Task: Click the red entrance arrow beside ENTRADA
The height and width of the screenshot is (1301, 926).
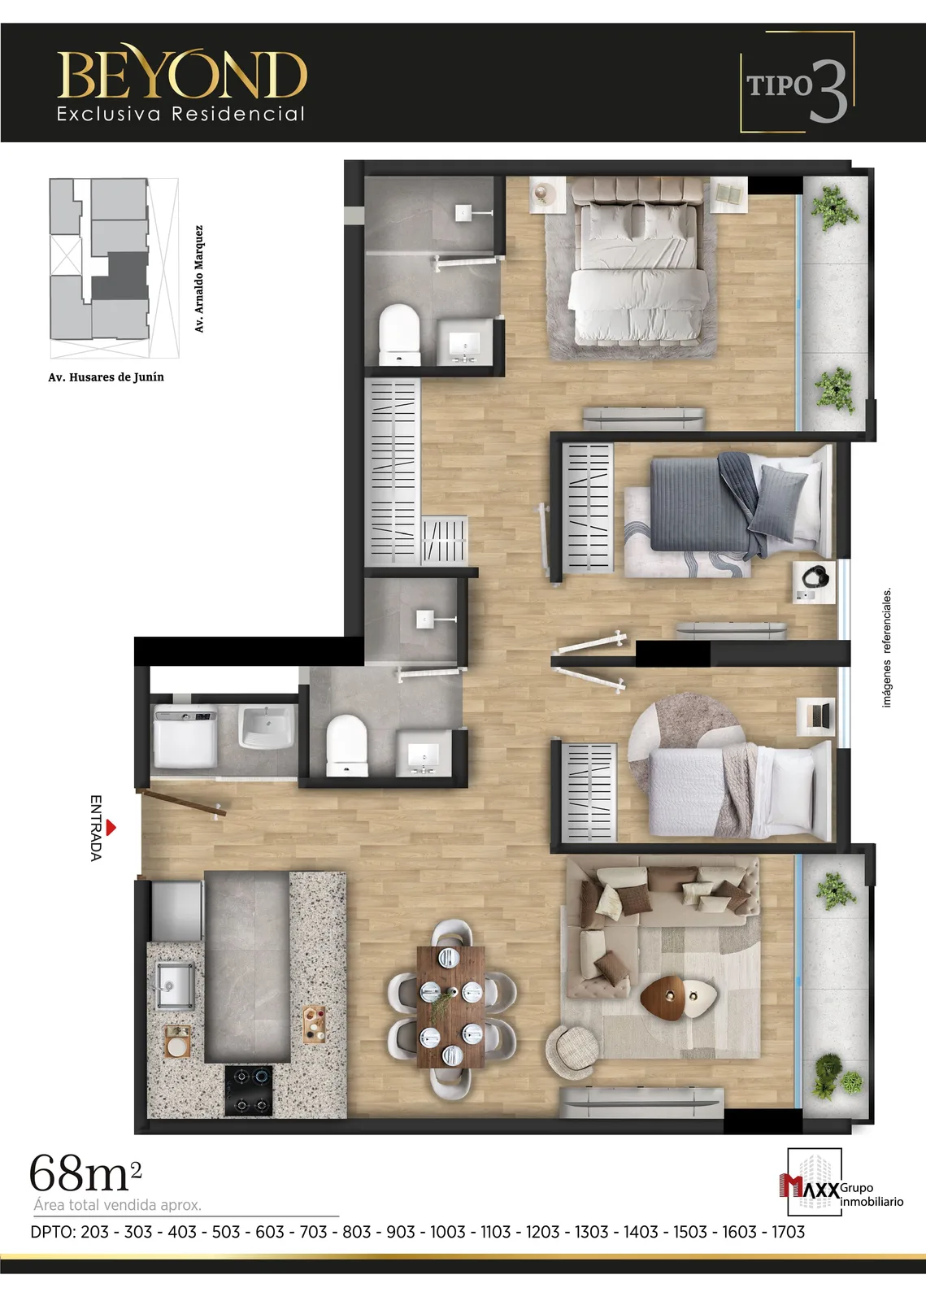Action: coord(111,827)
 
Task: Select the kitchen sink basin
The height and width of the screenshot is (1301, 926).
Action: coord(174,986)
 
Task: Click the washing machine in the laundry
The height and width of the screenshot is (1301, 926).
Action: coord(185,737)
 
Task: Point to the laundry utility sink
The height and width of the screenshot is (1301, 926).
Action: coord(267,726)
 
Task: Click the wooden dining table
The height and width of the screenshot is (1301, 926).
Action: coord(450,1007)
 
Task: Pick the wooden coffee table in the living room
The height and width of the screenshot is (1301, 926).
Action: coord(679,997)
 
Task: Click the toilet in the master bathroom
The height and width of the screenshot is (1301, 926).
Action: coord(399,334)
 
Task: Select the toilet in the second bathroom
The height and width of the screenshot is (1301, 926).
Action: coord(346,746)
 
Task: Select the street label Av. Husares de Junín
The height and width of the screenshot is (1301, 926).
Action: coord(106,377)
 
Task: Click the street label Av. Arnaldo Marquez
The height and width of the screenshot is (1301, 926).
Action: coord(199,279)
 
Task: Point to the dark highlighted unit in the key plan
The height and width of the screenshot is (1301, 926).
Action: coord(123,276)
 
